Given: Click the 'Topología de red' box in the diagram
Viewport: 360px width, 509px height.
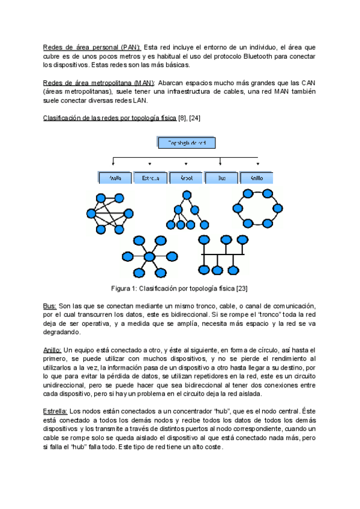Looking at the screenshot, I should pos(186,143).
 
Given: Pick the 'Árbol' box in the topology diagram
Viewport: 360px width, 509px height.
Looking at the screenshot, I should pos(185,178).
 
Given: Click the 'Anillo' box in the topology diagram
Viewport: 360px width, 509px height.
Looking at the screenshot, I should pos(257,178).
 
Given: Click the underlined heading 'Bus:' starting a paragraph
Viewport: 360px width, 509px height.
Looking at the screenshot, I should pos(50,306).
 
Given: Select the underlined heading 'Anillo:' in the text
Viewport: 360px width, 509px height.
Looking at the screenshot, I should pos(52,350).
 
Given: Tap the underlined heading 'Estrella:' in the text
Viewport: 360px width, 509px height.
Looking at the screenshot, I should pos(55,411).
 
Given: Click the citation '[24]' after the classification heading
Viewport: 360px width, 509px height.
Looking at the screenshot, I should pos(194,118).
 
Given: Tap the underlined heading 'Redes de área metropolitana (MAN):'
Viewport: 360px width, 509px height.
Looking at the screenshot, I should pos(100,83).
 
